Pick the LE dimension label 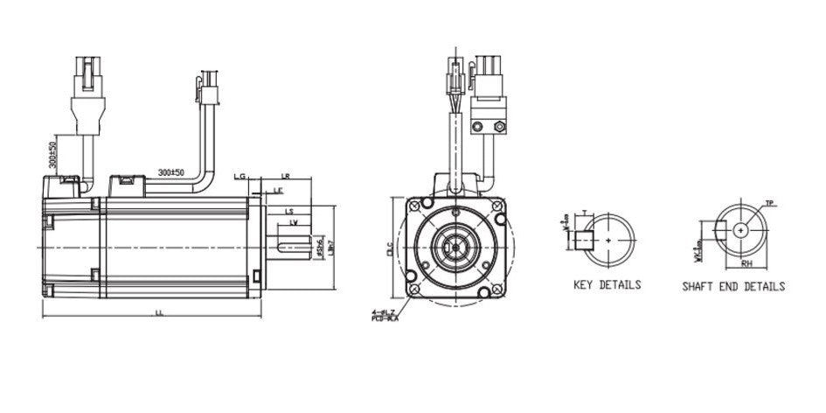point(278,190)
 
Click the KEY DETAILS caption point(607,285)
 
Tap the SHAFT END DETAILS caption point(733,286)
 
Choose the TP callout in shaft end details point(770,203)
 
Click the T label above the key point(583,213)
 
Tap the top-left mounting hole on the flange point(413,205)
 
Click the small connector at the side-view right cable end point(207,87)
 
